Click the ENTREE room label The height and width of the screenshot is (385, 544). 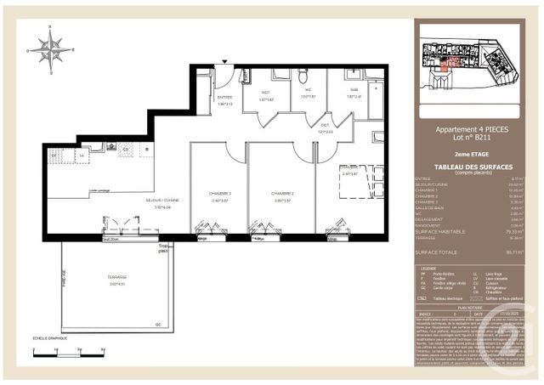pos(224,98)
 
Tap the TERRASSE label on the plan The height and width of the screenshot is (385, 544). pos(117,278)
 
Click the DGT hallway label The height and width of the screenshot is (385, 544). pos(325,127)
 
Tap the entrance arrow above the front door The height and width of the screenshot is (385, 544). pos(224,62)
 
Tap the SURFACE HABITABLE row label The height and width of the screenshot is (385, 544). pos(437,231)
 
